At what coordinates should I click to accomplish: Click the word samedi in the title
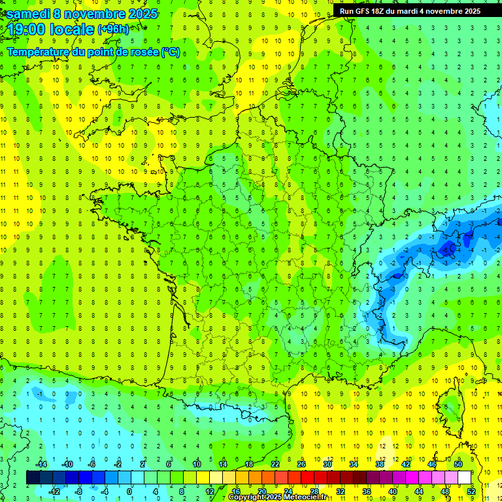[x=28, y=14]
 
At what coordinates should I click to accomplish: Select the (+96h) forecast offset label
[x=113, y=29]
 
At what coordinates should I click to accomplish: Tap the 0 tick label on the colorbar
[x=129, y=492]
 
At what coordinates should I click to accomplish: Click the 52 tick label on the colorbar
[x=471, y=492]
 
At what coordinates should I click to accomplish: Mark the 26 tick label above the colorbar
[x=301, y=464]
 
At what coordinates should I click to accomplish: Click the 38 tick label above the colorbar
[x=380, y=464]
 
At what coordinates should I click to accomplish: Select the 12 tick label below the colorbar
[x=209, y=492]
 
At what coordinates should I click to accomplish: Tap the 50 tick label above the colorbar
[x=458, y=464]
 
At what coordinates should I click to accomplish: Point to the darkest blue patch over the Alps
[x=448, y=248]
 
